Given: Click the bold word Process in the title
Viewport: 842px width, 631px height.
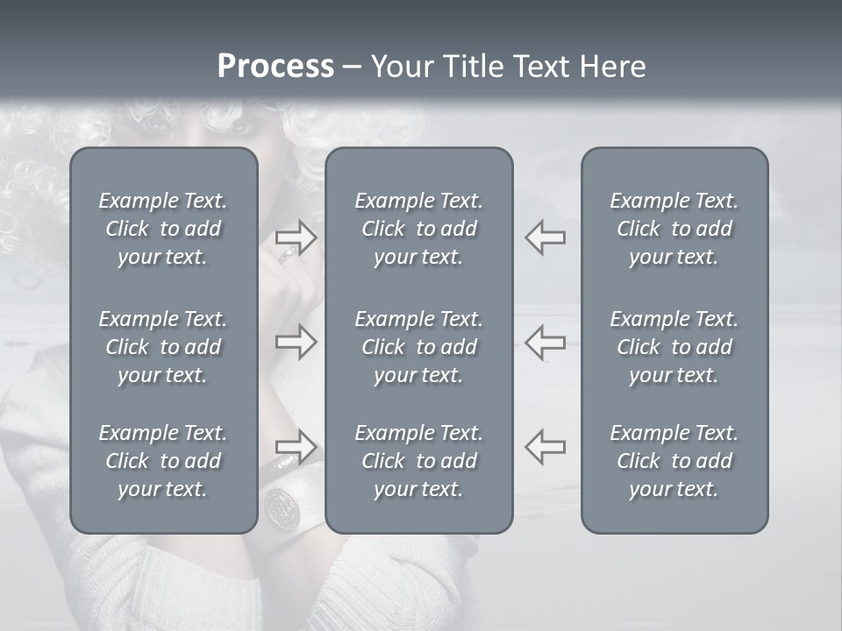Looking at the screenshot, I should point(275,67).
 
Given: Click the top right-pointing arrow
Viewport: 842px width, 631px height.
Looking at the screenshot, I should point(296,238).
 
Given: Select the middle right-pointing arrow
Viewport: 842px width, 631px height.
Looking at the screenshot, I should point(296,342).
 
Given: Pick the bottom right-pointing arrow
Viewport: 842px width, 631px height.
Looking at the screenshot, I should point(296,446).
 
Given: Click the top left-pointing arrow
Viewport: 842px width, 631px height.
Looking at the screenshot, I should point(545,238).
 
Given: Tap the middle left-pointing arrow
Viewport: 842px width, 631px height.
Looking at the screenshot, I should point(545,342).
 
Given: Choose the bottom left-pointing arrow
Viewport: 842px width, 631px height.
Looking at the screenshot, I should point(545,446).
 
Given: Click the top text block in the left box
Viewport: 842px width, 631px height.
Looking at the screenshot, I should point(163,229).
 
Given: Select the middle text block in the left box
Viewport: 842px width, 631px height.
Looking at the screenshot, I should point(163,347).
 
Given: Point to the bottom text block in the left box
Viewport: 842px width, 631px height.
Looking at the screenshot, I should point(163,461).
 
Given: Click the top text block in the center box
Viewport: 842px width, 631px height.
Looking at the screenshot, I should point(419,229).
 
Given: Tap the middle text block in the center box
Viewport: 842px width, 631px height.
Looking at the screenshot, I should point(419,347).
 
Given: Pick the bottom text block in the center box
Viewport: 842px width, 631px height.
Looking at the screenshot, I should point(419,461).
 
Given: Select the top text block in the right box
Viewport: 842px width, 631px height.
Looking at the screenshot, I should point(674,229).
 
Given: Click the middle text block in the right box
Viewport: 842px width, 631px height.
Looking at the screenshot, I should point(674,347).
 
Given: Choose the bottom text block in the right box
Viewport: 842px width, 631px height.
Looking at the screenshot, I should point(674,461).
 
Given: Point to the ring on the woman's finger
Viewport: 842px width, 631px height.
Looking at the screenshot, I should point(288,255).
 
